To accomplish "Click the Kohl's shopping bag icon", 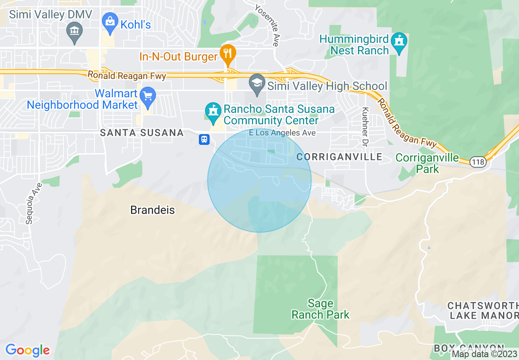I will tap(110, 20).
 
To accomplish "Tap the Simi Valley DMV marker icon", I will tap(74, 30).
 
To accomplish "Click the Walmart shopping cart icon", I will tap(148, 96).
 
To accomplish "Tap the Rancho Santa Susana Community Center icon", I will tap(213, 112).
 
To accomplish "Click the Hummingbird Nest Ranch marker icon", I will tap(399, 41).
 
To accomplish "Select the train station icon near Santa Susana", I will tap(204, 139).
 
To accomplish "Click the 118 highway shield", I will tap(478, 162).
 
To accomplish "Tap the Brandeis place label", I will tap(152, 210).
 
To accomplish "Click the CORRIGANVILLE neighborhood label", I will tap(339, 157).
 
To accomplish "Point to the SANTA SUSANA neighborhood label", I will tap(142, 133).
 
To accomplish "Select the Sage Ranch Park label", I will tap(320, 309).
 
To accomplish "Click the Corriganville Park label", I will tap(427, 163).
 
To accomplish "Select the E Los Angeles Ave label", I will tap(282, 133).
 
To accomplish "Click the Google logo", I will tap(27, 350).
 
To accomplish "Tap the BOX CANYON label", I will tap(469, 348).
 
